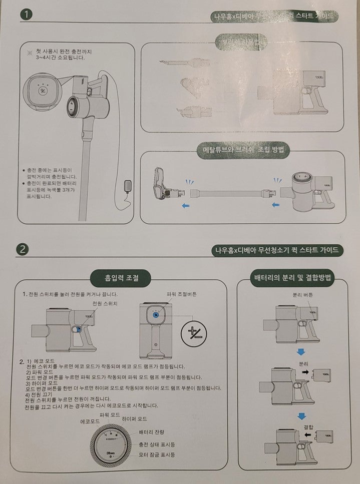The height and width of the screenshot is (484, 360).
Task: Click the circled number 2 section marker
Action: pos(24,249)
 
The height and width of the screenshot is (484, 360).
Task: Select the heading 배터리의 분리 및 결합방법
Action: pos(293,277)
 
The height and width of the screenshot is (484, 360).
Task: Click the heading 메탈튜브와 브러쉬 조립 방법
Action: pos(243,150)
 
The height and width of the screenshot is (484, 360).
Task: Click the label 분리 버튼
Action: pos(302,295)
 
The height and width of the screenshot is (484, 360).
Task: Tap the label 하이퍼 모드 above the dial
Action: pos(135,418)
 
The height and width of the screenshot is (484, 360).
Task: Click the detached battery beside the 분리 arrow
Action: pos(318,374)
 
